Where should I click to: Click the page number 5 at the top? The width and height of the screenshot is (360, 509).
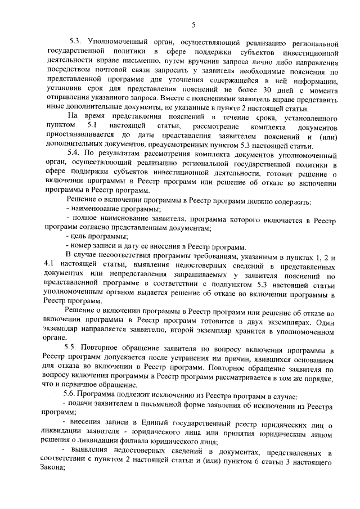(193, 24)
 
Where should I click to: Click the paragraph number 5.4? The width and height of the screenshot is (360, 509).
(75, 154)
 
